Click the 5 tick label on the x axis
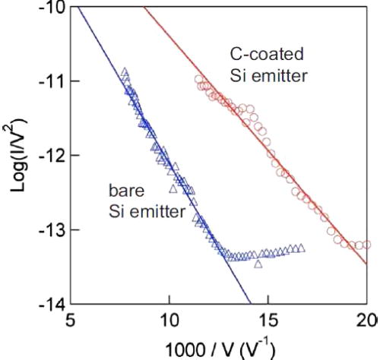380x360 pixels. (x=71, y=319)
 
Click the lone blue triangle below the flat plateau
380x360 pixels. (x=258, y=264)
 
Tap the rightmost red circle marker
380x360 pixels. (x=367, y=245)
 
